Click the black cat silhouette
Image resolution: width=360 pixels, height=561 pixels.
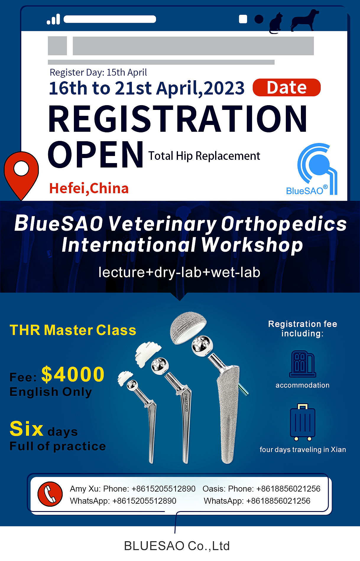[x=275, y=23]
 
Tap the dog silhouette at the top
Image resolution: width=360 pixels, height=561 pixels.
[x=304, y=20]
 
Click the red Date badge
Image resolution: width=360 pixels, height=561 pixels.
[x=286, y=87]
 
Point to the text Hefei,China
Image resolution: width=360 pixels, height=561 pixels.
[x=89, y=188]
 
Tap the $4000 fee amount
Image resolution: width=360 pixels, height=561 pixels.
[x=73, y=374]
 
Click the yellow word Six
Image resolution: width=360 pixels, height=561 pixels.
[x=27, y=428]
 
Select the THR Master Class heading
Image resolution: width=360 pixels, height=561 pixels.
[x=73, y=330]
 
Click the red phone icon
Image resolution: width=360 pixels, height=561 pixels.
[x=50, y=494]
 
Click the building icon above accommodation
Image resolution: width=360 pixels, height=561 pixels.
[x=303, y=364]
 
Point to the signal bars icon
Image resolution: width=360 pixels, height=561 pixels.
[x=53, y=19]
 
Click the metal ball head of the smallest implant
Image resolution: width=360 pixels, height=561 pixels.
[x=132, y=385]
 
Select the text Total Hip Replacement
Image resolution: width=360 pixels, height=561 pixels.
[x=204, y=156]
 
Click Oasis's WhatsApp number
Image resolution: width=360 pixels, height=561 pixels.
[x=278, y=501]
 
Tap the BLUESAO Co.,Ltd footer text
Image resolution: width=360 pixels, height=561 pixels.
[x=177, y=546]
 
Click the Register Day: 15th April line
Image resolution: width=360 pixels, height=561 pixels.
[x=98, y=72]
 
